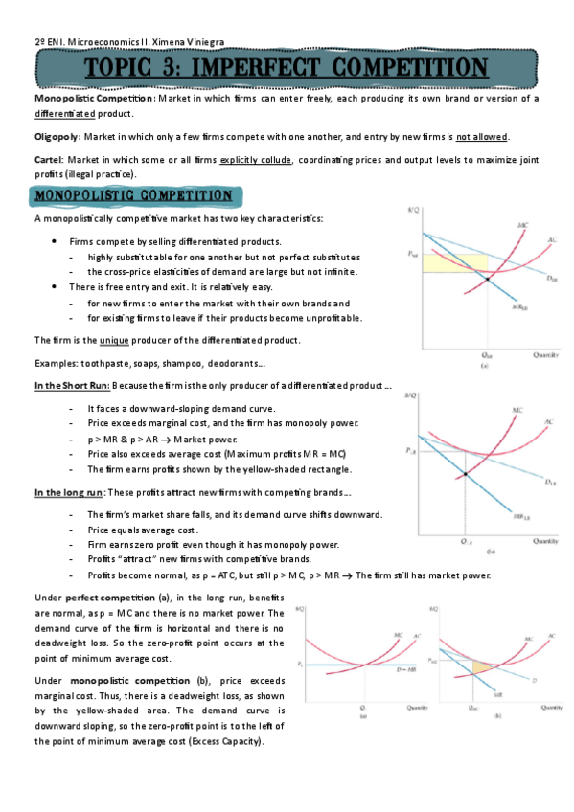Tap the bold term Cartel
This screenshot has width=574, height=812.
tap(49, 158)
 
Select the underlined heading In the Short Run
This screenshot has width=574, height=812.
tap(73, 385)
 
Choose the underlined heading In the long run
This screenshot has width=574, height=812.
tap(69, 492)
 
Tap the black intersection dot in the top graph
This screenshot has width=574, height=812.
tap(488, 279)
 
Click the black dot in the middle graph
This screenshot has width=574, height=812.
tap(466, 474)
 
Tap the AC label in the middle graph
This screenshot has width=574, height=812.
tap(547, 422)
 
